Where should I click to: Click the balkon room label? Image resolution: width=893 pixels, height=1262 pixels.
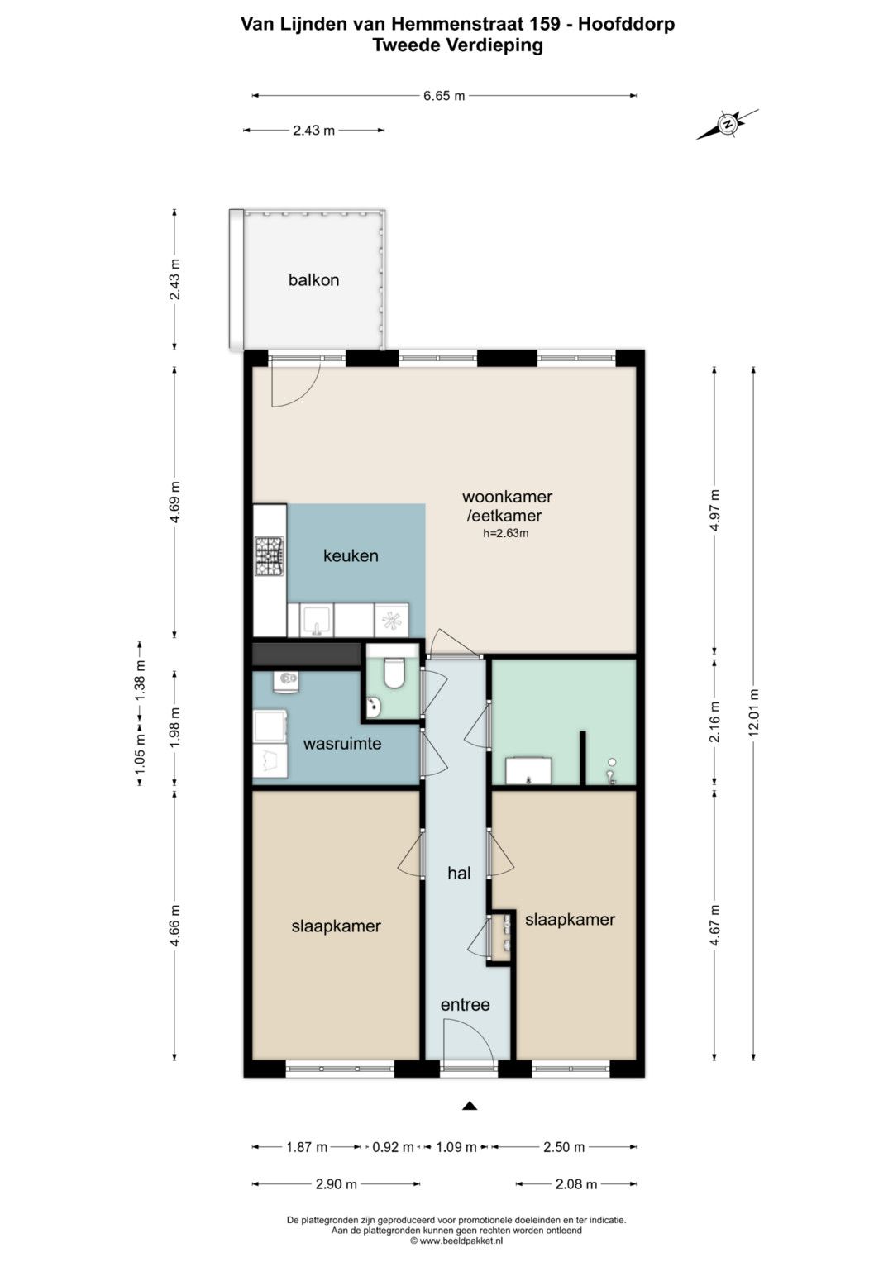[313, 280]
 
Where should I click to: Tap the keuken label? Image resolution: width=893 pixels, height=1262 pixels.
[351, 556]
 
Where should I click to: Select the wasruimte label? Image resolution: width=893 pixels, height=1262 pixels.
[342, 744]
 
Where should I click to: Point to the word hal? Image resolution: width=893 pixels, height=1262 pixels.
[459, 874]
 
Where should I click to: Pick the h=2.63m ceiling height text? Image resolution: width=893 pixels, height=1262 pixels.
[506, 533]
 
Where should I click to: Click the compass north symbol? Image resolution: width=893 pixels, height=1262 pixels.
[728, 124]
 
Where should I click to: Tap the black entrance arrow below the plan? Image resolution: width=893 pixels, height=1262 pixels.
[470, 1106]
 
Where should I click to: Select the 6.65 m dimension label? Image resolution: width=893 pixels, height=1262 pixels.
[444, 96]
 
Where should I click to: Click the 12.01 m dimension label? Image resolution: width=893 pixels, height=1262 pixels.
[754, 712]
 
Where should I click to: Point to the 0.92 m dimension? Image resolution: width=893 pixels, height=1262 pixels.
[393, 1147]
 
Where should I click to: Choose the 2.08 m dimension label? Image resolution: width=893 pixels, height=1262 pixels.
[576, 1184]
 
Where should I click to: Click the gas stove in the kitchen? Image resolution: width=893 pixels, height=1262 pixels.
[270, 557]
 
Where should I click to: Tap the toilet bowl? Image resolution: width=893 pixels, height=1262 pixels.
[393, 674]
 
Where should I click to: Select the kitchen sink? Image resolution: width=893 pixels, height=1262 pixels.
[316, 621]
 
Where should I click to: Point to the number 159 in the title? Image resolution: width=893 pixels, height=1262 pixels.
[545, 25]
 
